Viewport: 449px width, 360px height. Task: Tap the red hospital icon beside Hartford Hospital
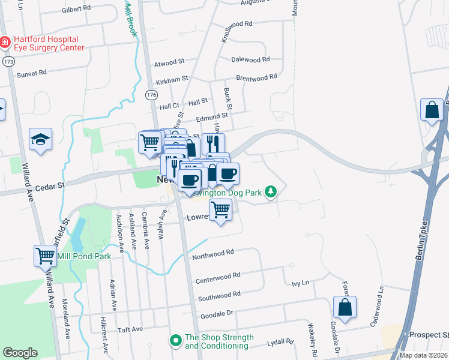[x=5, y=42]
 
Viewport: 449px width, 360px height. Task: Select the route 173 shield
[x=8, y=62]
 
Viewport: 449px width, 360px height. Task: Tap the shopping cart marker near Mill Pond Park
[x=45, y=255]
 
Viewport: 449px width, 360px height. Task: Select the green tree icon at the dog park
[x=272, y=192]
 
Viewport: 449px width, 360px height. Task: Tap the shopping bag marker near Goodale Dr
[x=345, y=307]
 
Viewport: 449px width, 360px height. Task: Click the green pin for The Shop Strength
[x=176, y=340]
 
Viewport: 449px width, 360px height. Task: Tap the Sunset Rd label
[x=31, y=74]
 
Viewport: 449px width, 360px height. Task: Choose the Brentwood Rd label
[x=256, y=77]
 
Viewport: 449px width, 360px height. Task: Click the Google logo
[x=20, y=353]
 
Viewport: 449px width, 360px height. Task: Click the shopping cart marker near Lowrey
[x=221, y=209]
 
